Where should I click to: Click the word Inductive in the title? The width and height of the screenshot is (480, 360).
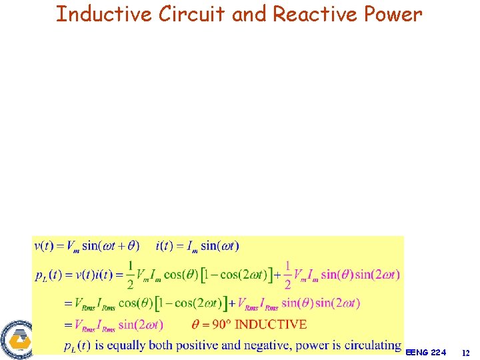click(103, 14)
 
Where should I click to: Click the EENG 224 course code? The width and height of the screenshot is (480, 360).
click(425, 351)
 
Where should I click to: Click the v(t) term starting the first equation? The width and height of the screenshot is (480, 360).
click(45, 245)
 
